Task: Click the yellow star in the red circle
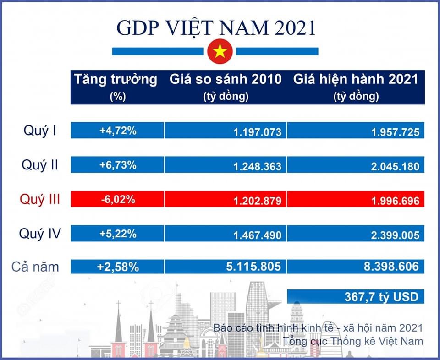220,52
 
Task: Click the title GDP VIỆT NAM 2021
216,27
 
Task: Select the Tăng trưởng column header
116,86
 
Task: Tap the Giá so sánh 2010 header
225,86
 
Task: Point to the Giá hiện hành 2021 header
356,86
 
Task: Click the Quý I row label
40,131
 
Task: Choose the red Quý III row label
40,199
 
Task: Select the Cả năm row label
36,267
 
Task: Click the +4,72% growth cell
118,131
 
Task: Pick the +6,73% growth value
118,165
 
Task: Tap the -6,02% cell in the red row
118,199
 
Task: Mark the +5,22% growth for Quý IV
118,234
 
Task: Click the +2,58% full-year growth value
118,267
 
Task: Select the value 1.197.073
257,132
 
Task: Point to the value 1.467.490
257,235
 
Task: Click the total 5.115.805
251,267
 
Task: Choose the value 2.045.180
395,166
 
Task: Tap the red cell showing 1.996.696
395,201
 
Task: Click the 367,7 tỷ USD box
381,297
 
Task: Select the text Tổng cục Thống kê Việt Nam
353,342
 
